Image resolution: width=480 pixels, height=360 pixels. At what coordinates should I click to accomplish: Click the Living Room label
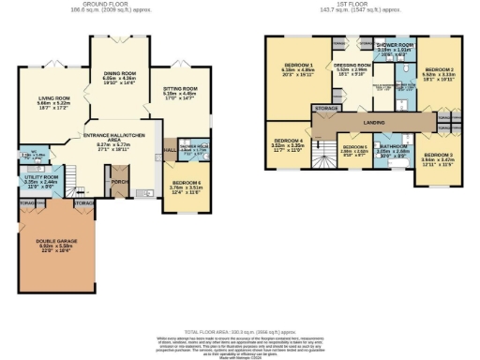tap(54, 97)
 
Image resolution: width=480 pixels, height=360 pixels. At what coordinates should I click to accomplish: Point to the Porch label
tap(120, 169)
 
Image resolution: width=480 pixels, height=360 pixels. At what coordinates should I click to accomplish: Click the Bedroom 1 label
tap(297, 66)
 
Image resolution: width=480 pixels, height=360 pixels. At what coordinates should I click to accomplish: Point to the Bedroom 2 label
tap(439, 70)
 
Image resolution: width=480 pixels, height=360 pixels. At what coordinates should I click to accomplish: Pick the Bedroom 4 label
tap(289, 143)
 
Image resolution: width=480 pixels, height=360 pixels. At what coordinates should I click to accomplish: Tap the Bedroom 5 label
tap(354, 149)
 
